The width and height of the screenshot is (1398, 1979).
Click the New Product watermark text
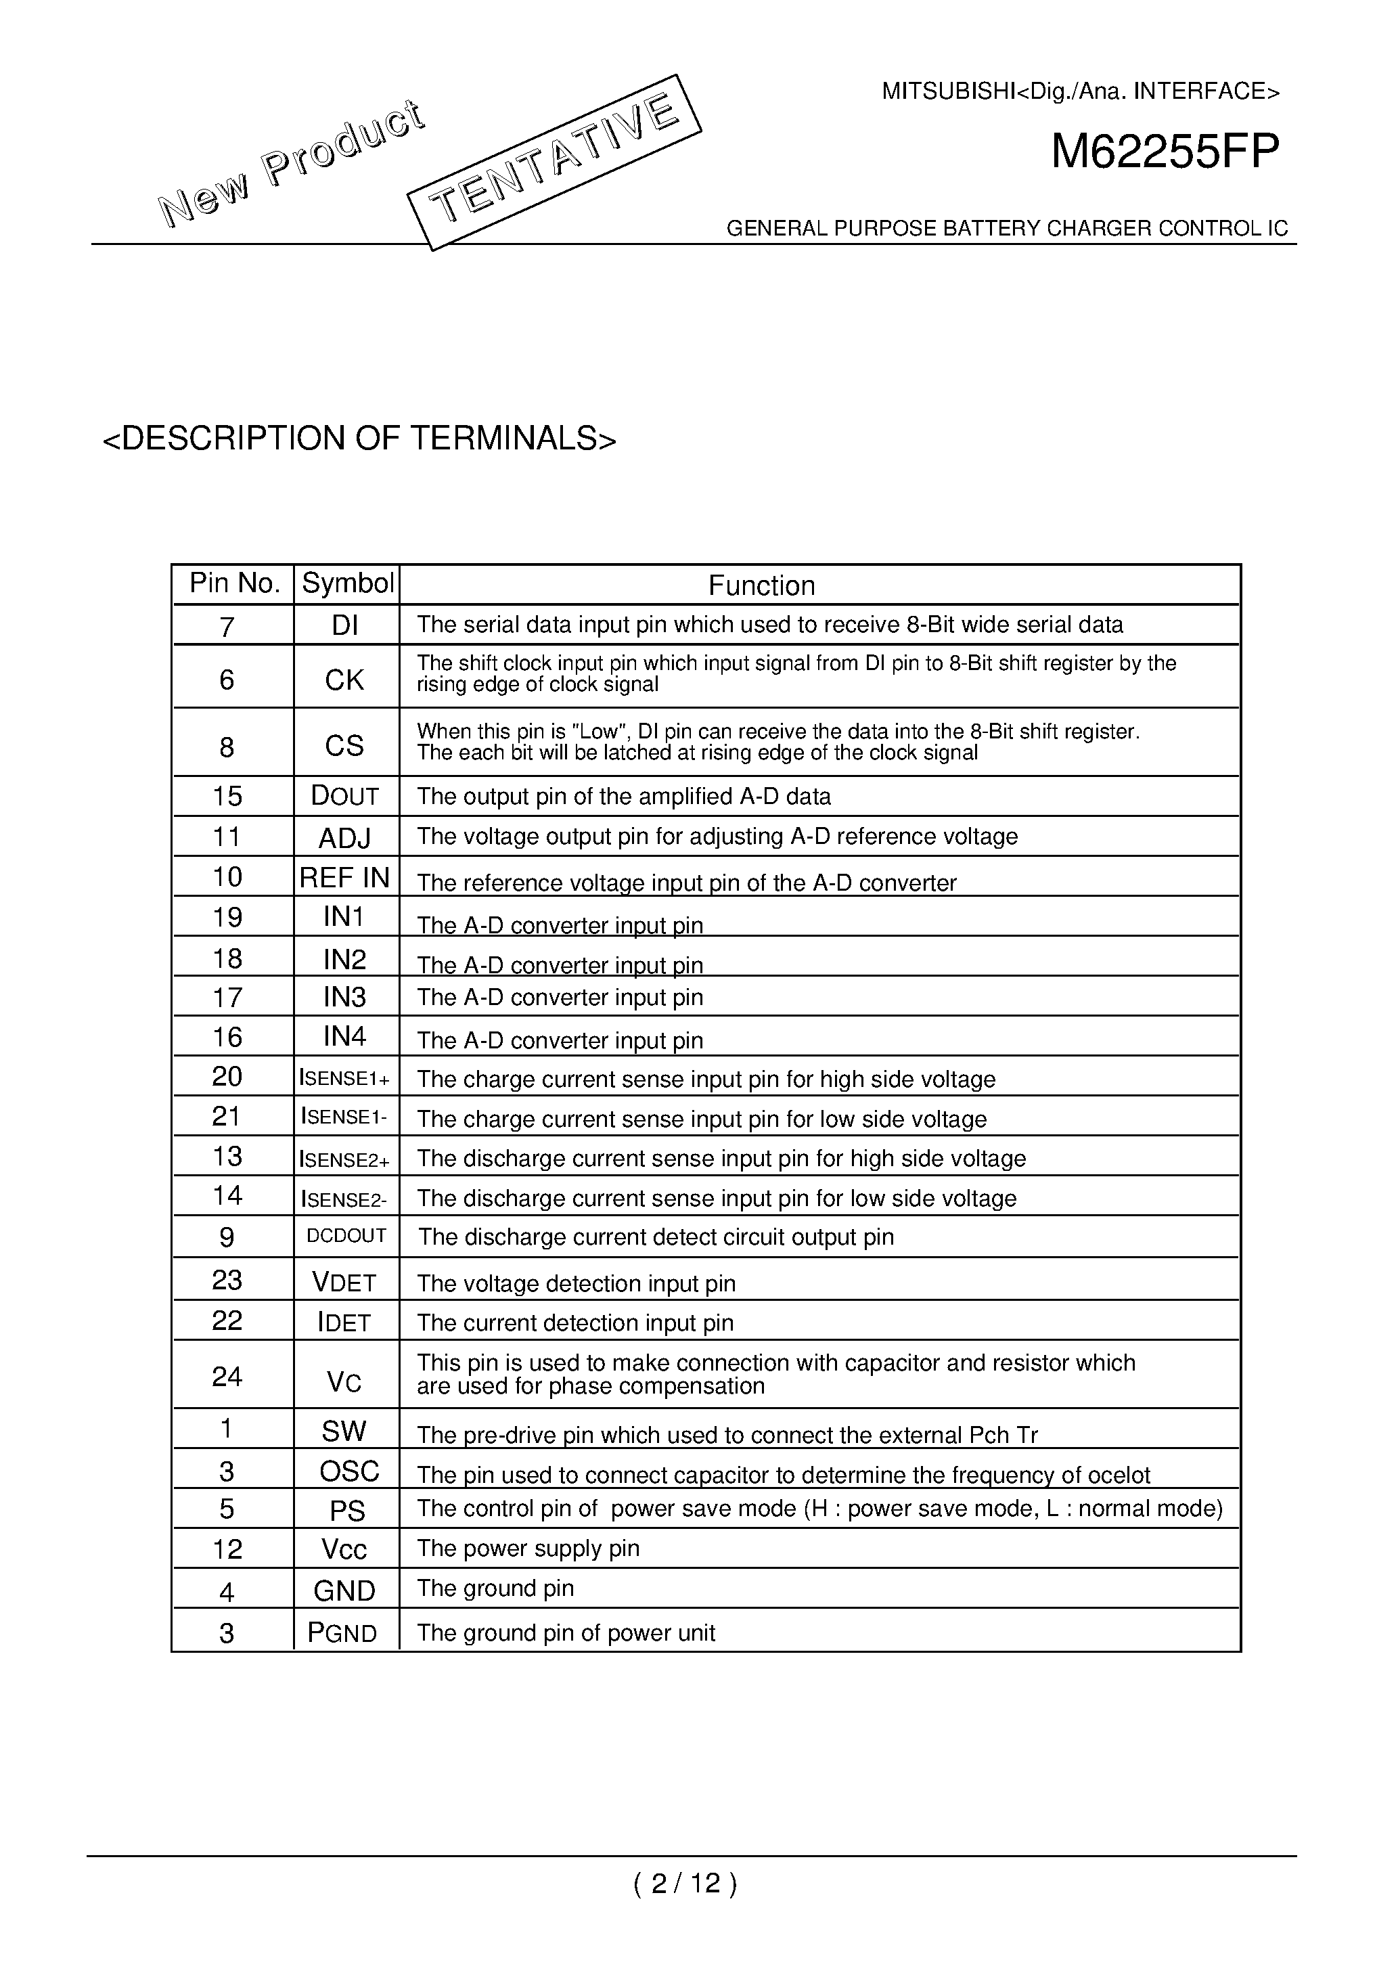point(290,164)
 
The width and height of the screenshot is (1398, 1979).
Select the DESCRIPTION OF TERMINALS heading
point(359,439)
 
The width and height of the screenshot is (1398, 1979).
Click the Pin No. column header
point(234,584)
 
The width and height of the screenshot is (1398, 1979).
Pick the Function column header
point(761,586)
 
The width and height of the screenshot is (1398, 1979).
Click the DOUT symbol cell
point(344,795)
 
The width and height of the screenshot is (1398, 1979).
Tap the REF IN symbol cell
point(344,877)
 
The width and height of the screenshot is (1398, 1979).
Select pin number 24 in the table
point(227,1377)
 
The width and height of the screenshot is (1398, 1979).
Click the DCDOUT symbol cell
point(346,1236)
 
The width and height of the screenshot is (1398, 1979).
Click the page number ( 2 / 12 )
point(685,1884)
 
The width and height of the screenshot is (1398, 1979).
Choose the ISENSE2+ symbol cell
point(344,1159)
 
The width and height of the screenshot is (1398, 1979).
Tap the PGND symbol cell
point(342,1632)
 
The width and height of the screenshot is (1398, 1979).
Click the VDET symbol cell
point(344,1283)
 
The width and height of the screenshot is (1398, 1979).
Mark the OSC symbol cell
point(349,1471)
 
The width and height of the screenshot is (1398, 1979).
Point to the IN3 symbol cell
point(344,997)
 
